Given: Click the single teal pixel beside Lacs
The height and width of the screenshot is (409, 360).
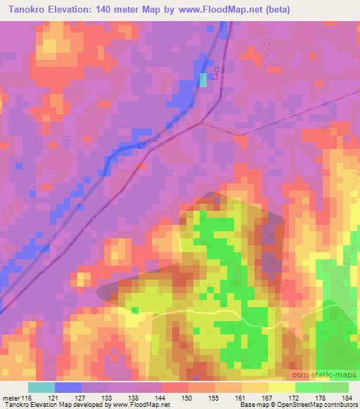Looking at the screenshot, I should point(204,81).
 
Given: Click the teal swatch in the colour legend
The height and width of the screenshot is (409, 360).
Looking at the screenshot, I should point(41,387).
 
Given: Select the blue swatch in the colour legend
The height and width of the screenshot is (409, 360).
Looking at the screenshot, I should point(68,387).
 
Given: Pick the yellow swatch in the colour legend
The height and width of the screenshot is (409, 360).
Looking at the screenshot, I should point(282,387).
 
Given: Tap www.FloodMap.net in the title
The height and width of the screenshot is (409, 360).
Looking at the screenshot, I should point(211,10).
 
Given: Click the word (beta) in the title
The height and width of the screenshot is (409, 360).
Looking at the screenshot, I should point(274,10).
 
